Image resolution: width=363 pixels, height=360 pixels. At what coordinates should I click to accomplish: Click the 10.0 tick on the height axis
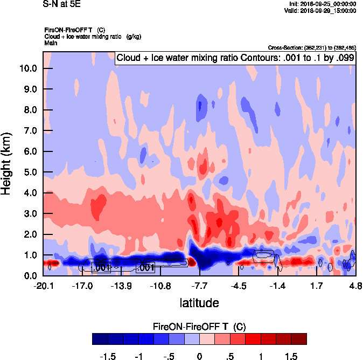[29, 68]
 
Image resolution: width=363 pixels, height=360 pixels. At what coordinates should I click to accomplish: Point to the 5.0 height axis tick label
[29, 172]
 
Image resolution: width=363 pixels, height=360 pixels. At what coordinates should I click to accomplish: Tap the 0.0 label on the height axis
[29, 276]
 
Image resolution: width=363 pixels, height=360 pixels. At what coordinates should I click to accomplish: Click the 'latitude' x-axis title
[199, 302]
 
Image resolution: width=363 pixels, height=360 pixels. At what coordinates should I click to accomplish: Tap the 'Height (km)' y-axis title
[7, 164]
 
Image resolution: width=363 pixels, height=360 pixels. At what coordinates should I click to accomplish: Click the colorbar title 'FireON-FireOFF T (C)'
[199, 327]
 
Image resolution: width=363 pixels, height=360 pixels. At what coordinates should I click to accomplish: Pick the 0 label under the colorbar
[199, 357]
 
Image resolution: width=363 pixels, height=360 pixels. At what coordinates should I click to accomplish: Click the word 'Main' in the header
[51, 43]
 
